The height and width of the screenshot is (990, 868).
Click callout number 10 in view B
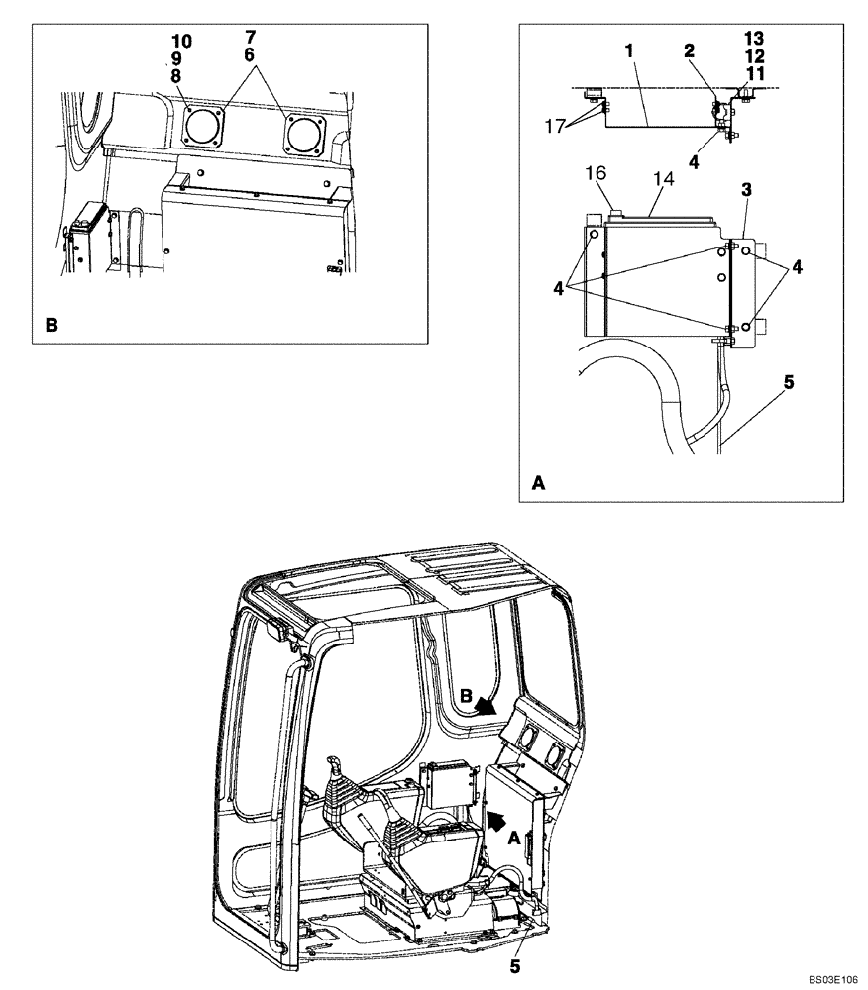click(x=181, y=42)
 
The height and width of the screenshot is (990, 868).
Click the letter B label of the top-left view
click(x=51, y=324)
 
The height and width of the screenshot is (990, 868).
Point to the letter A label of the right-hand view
click(x=539, y=483)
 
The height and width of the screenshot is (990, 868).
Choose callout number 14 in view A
click(x=659, y=178)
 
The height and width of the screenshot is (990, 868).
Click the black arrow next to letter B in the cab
click(x=485, y=706)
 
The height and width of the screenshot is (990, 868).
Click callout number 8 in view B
click(x=176, y=75)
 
